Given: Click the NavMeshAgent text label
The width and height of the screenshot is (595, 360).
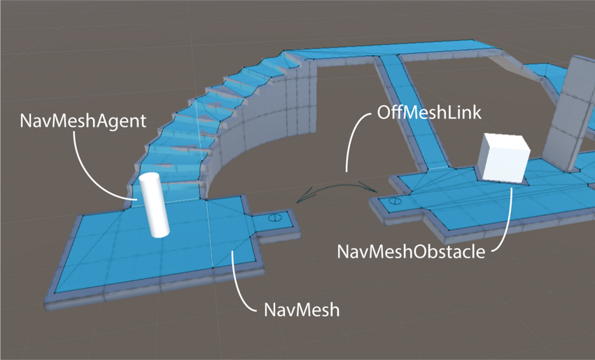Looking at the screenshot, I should (83, 120).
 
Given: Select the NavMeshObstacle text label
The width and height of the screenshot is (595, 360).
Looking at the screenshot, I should (411, 251).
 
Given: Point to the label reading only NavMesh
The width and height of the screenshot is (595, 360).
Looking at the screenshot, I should (302, 309).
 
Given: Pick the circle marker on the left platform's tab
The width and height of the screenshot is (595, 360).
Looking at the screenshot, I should (275, 217).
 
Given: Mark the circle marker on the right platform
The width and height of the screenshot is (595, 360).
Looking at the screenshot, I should (395, 202).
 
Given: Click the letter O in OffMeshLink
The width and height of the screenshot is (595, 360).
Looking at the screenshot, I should (384, 112).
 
